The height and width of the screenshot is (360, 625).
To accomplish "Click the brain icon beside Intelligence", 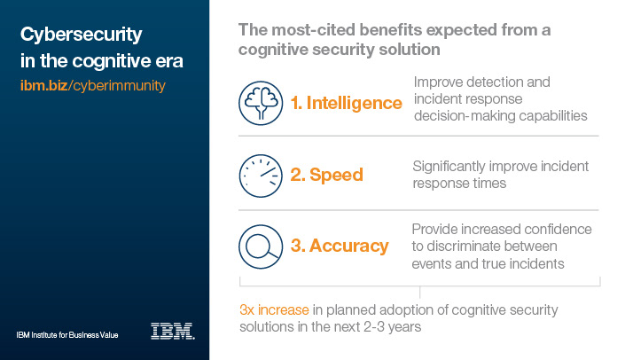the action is tap(261, 103).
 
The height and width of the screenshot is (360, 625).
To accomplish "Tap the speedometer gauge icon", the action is tap(261, 176).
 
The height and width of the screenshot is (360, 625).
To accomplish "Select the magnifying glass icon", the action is tap(261, 247).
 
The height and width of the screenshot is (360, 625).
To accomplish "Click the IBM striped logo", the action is tap(173, 331).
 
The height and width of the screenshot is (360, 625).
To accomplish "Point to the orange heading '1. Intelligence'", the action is tap(347, 103).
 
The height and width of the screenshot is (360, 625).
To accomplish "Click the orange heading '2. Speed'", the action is tap(327, 175).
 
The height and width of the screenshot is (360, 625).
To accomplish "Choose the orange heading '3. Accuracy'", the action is tap(340, 246).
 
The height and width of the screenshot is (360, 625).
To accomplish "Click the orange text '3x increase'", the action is tap(274, 309).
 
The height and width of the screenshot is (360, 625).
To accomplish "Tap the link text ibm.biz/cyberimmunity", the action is tap(93, 86).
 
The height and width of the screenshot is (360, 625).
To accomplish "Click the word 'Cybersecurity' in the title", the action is tap(82, 35).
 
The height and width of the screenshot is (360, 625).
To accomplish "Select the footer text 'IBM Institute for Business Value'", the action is tap(67, 335).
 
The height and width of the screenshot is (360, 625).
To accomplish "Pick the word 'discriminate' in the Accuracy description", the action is tap(492, 246).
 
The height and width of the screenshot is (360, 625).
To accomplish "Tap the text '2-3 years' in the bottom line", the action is tap(392, 327).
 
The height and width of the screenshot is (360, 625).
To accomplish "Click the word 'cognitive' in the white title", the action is tap(111, 62).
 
